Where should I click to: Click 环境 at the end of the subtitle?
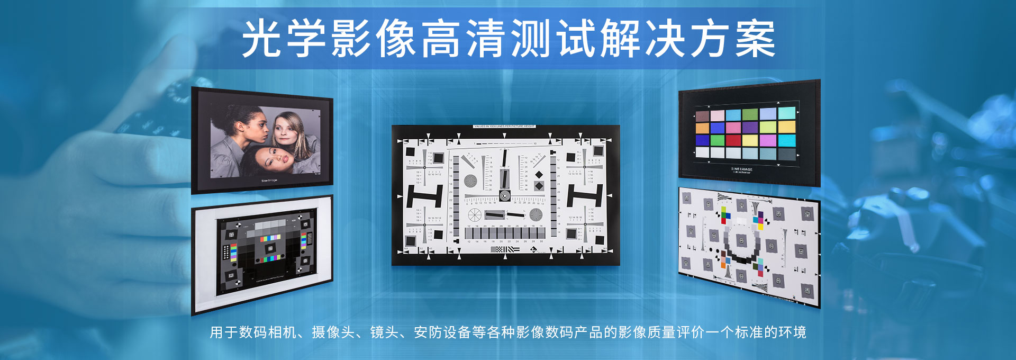tap(792, 332)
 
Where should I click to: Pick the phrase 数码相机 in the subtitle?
tap(268, 332)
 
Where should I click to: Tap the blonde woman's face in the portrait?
tap(286, 129)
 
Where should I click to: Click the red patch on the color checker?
tap(733, 140)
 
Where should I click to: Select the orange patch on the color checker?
tap(702, 128)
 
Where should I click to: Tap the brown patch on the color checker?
tap(702, 116)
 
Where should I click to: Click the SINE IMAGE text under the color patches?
tap(741, 169)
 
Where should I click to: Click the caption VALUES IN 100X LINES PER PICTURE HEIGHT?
tap(504, 127)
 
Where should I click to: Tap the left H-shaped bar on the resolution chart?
tap(424, 196)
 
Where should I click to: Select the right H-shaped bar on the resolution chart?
tap(585, 195)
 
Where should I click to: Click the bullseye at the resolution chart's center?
tap(505, 196)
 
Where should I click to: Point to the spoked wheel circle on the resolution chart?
tap(475, 215)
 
